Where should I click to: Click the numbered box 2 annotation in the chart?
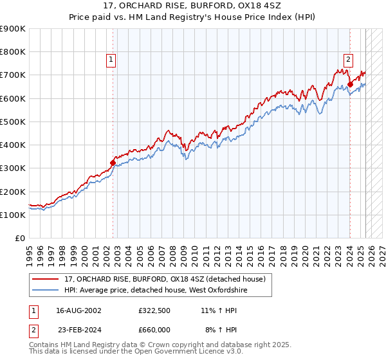(348, 60)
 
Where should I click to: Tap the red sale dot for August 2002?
(113, 163)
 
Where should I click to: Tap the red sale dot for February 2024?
(350, 84)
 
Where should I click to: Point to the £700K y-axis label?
(13, 75)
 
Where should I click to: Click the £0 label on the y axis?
(20, 238)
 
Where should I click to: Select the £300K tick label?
(13, 168)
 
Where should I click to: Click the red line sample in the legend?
(46, 278)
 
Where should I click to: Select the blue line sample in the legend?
(46, 291)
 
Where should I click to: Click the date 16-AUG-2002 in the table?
(78, 310)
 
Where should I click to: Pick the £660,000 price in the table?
(154, 329)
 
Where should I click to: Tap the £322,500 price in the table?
(154, 310)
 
